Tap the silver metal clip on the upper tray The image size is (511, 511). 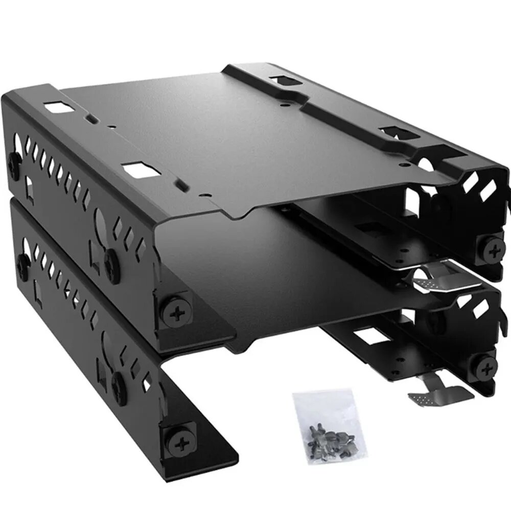(x=435, y=275)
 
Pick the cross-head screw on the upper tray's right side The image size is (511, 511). (x=494, y=250)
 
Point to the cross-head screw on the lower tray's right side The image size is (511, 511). (x=486, y=365)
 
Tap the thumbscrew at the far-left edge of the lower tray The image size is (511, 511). (x=22, y=263)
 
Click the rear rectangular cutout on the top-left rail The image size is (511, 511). (x=58, y=108)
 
